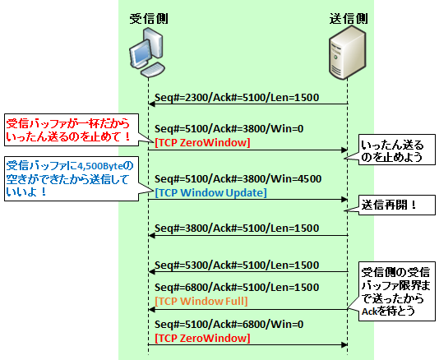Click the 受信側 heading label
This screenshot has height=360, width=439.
tap(149, 19)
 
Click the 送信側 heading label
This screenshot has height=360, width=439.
tap(349, 19)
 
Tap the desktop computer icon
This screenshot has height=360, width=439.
tap(147, 53)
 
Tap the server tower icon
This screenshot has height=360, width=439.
tap(347, 53)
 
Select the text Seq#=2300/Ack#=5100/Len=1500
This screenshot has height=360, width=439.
tap(237, 98)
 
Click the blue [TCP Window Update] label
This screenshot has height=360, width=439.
tap(210, 192)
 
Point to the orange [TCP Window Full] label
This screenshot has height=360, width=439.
tap(201, 301)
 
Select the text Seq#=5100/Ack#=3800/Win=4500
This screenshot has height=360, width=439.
tap(238, 178)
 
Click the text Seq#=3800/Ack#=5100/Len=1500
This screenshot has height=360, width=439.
tap(237, 228)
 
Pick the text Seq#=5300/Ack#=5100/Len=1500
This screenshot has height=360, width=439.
tap(237, 265)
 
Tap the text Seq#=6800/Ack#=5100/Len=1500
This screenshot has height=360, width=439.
tap(237, 287)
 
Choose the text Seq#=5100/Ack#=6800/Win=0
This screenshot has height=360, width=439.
tap(229, 324)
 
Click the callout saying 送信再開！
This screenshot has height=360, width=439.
tap(397, 205)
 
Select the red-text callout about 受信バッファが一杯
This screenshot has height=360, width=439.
tap(72, 130)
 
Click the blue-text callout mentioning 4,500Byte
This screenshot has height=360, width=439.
tap(72, 178)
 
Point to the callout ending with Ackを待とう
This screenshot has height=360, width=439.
tap(397, 291)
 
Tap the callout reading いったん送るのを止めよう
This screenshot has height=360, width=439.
tap(397, 150)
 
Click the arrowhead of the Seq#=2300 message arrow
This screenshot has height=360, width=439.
tap(151, 104)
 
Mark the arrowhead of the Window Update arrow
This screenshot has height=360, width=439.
tap(344, 200)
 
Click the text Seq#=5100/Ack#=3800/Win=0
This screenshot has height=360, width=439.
tap(229, 129)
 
